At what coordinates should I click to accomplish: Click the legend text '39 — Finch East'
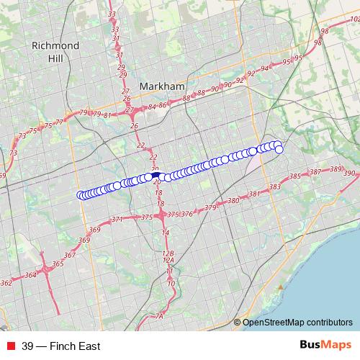60,346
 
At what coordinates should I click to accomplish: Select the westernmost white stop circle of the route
81,195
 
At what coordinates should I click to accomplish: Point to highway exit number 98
325,31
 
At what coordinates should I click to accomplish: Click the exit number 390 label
350,174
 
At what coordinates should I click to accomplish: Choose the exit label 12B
168,253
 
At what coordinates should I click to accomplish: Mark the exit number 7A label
160,315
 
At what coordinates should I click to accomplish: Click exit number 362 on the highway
6,283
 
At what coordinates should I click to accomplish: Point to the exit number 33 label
111,14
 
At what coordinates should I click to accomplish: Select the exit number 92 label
251,73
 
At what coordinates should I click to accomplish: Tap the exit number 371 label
117,219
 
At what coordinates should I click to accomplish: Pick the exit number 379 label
210,207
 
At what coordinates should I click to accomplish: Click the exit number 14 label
166,233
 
